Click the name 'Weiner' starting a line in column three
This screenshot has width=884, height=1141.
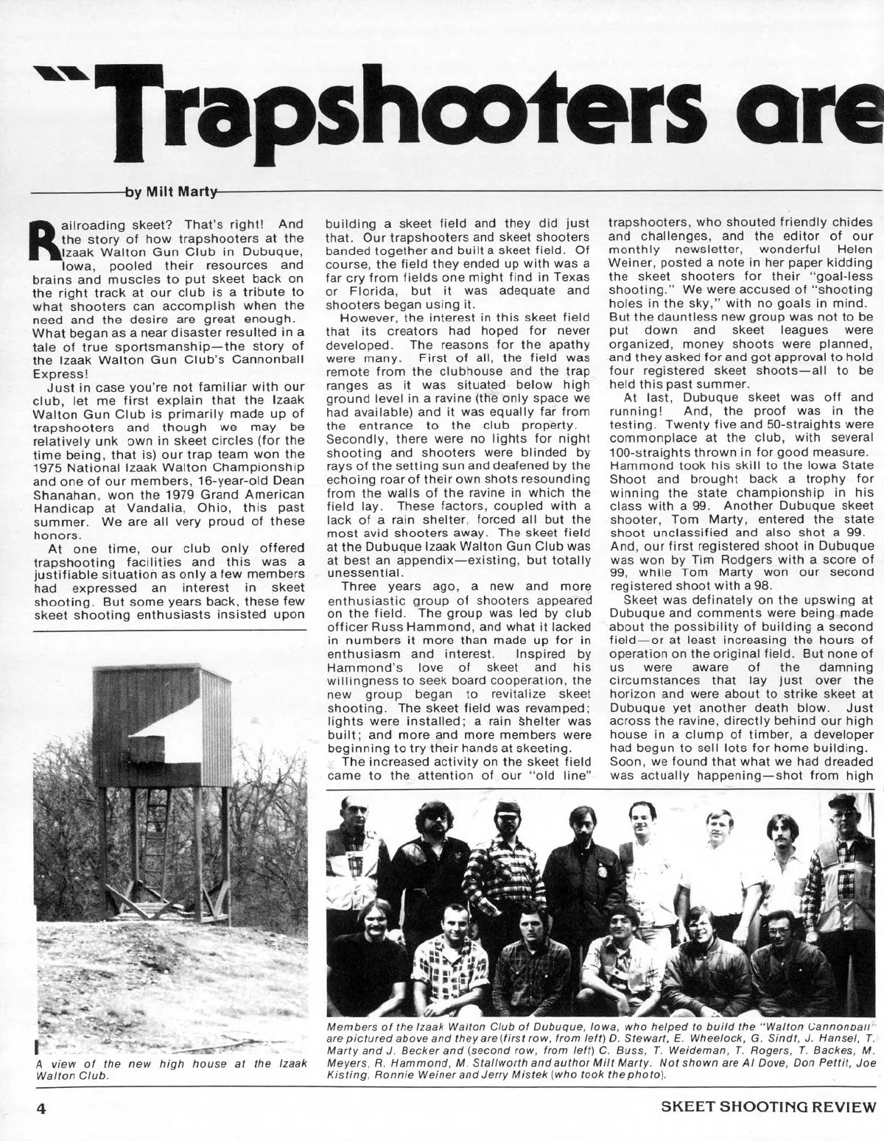pos(629,254)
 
